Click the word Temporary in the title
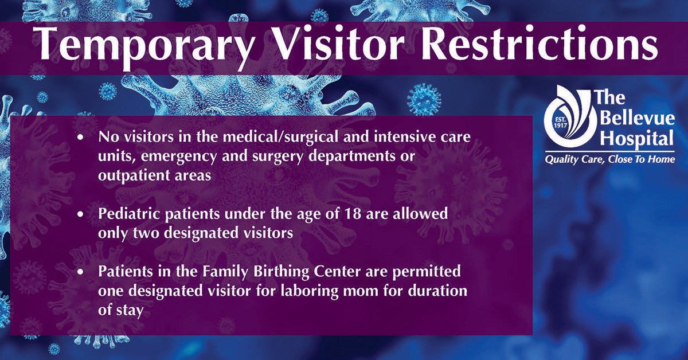(x=144, y=45)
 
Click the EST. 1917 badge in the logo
(x=560, y=122)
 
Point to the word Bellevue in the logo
(x=637, y=119)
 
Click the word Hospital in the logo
(x=637, y=139)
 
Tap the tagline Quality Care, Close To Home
(x=609, y=159)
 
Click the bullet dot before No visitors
(x=80, y=138)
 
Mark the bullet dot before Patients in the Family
(x=80, y=272)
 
